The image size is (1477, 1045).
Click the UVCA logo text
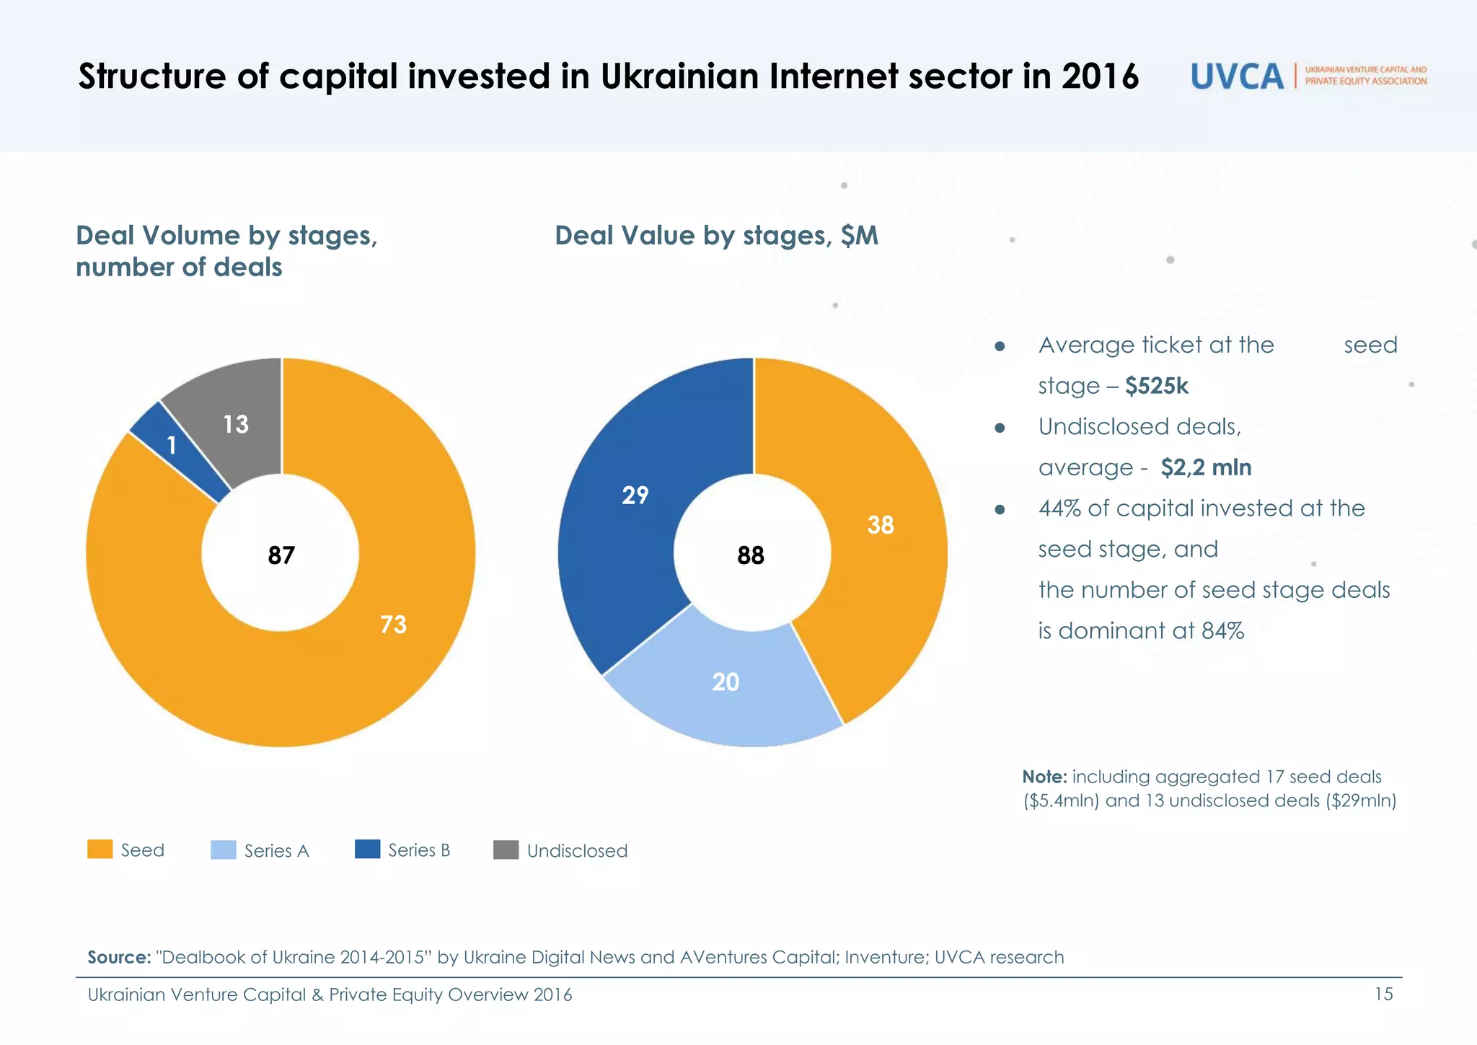pos(1237,76)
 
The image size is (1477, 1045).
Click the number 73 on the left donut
pos(394,625)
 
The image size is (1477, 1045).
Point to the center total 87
pos(281,555)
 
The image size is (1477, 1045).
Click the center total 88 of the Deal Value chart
pos(751,555)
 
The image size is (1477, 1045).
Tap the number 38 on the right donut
pos(881,525)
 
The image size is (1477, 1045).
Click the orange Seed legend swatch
pos(100,850)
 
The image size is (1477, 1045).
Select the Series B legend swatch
pos(368,850)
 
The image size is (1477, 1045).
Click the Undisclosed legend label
pos(577,851)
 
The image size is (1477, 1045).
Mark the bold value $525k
pos(1156,387)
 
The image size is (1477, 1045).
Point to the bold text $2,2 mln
pos(1206,468)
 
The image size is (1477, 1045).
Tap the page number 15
pos(1383,995)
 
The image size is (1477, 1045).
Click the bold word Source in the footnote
pos(118,958)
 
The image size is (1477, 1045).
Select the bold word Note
pos(1044,777)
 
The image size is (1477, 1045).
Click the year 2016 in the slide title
pos(1100,76)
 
